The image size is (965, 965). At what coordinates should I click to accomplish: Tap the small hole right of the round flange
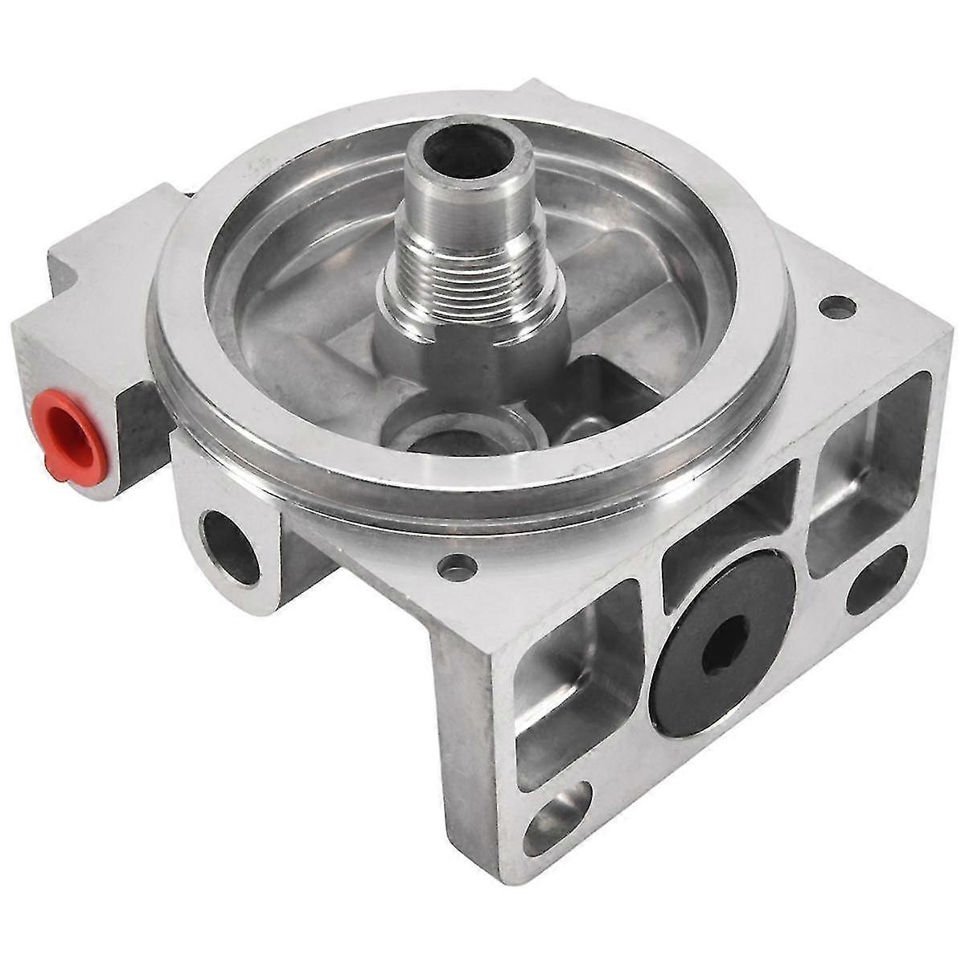pyautogui.click(x=836, y=306)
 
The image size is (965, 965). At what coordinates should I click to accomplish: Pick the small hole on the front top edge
pyautogui.click(x=457, y=567)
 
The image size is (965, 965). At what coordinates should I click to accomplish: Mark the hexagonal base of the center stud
pyautogui.click(x=466, y=346)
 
